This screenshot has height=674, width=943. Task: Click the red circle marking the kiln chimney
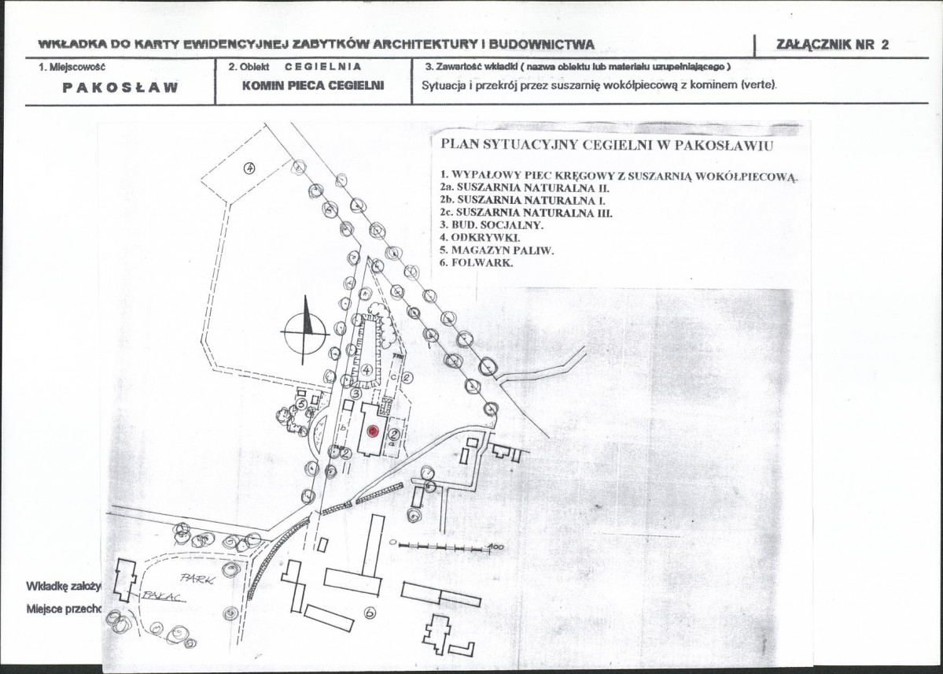[x=373, y=431]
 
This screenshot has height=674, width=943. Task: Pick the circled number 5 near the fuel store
[x=301, y=402]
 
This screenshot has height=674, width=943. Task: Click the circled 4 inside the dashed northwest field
[x=249, y=168]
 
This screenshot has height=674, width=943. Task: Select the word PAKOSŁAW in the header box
[x=120, y=87]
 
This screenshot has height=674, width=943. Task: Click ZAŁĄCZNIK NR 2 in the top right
[x=832, y=44]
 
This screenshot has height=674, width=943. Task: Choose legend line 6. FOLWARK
[x=477, y=263]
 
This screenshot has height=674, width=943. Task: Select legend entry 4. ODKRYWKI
[x=480, y=238]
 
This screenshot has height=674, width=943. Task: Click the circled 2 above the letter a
[x=395, y=432]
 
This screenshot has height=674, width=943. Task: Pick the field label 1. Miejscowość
[x=72, y=66]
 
